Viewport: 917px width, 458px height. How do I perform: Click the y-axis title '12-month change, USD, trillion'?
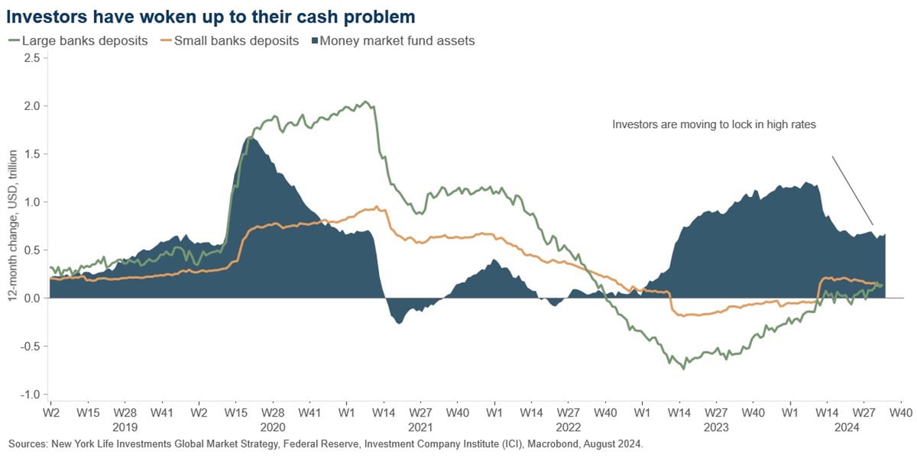[13, 226]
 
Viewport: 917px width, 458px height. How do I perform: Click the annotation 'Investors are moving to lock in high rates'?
[715, 123]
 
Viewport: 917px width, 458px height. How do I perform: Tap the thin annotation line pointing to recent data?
[852, 191]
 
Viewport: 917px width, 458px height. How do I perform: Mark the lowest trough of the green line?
[682, 368]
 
